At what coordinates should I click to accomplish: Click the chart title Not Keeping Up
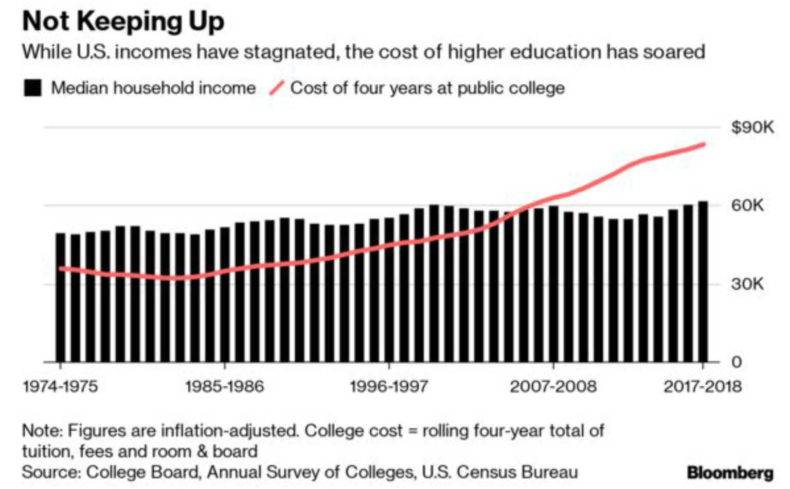[x=123, y=22]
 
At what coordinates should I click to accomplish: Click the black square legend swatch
[x=32, y=88]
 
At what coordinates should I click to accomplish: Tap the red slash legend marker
[x=277, y=88]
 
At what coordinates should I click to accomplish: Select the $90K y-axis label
[x=752, y=127]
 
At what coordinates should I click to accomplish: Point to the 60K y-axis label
[x=747, y=206]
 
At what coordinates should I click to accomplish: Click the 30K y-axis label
[x=747, y=284]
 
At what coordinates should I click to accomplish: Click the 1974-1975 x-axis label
[x=60, y=386]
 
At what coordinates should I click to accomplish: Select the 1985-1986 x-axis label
[x=224, y=386]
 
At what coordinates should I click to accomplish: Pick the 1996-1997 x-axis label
[x=389, y=386]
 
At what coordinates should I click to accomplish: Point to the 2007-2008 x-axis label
[x=553, y=386]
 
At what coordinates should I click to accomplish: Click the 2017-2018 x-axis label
[x=703, y=386]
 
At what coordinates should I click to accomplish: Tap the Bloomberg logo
[x=730, y=472]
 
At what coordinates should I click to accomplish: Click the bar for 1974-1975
[x=61, y=298]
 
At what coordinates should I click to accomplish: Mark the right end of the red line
[x=704, y=144]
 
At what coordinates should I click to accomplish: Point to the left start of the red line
[x=61, y=268]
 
